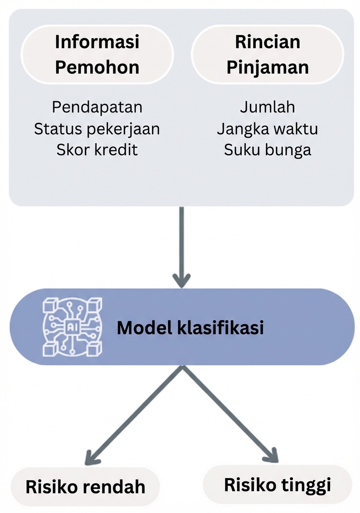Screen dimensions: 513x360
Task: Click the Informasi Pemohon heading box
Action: tap(97, 55)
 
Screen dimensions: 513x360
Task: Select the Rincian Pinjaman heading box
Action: tap(267, 55)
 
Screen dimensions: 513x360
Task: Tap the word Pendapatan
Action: tap(97, 107)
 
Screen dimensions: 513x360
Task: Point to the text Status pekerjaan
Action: tap(97, 129)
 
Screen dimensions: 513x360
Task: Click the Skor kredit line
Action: tap(97, 150)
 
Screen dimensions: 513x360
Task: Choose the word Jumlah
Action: tap(267, 107)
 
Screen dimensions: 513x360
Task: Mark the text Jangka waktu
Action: tap(267, 129)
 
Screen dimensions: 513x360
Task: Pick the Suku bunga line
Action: tap(267, 150)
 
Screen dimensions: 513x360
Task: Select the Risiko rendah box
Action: tap(85, 486)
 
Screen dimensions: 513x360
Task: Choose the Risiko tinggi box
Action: tap(277, 485)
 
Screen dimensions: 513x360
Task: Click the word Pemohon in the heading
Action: tap(97, 67)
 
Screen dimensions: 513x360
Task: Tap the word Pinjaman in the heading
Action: tap(267, 67)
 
